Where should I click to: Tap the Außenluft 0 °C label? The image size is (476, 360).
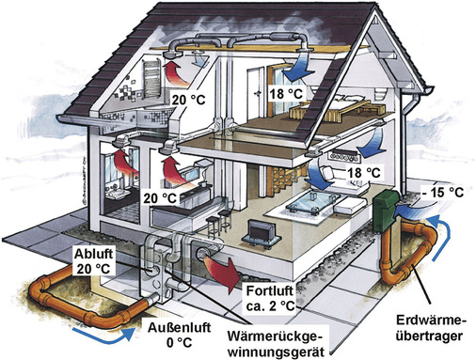(179, 331)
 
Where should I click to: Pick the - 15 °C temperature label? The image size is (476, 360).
(445, 192)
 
